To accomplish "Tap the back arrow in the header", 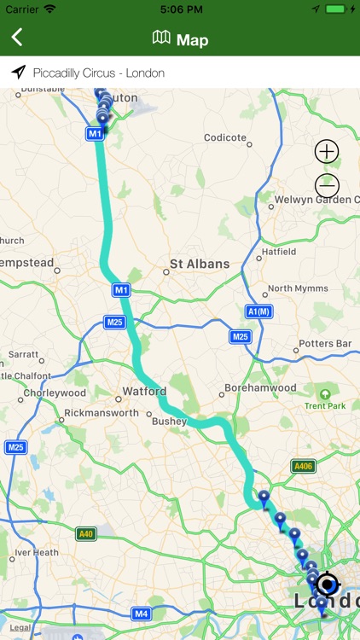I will (17, 38).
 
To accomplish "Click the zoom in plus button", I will (327, 152).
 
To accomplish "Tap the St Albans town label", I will (200, 264).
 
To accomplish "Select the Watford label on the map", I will (144, 393).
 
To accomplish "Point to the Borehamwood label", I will (260, 388).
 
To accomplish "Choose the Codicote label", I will (225, 137).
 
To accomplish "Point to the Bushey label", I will (169, 421).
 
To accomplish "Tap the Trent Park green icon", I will (324, 394).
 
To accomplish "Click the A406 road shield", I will (302, 466).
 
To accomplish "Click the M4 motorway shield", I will (142, 613).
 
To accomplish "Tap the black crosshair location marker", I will (327, 585).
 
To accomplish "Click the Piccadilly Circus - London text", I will (98, 73).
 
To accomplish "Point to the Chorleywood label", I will (55, 393).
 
